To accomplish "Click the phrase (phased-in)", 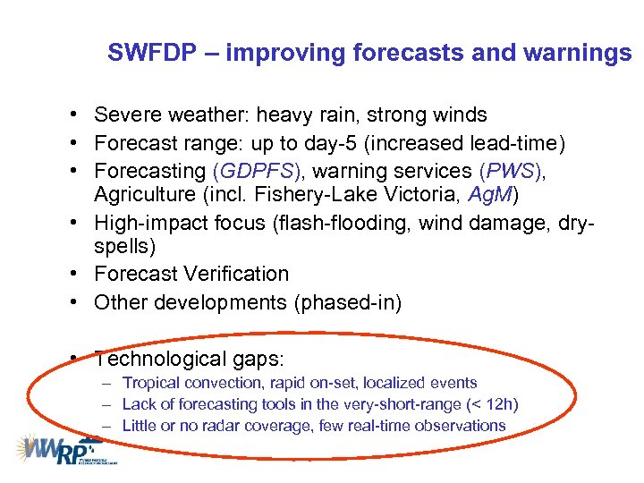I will [x=347, y=302].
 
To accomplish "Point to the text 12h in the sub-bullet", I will [x=497, y=404].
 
